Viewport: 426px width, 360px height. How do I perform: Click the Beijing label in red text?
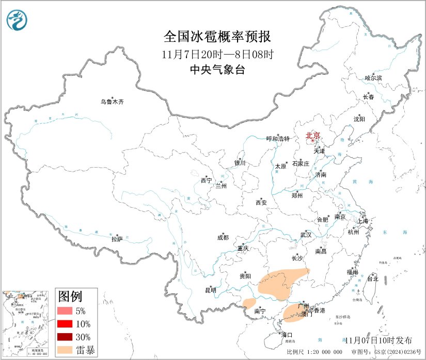313,136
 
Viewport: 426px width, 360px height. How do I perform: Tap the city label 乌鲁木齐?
112,102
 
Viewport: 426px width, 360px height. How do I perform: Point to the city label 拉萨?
117,239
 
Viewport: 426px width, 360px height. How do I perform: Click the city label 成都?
223,238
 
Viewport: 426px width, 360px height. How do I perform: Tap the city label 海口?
286,335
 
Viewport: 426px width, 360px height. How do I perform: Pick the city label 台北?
372,279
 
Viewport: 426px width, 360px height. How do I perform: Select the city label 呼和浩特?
278,139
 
